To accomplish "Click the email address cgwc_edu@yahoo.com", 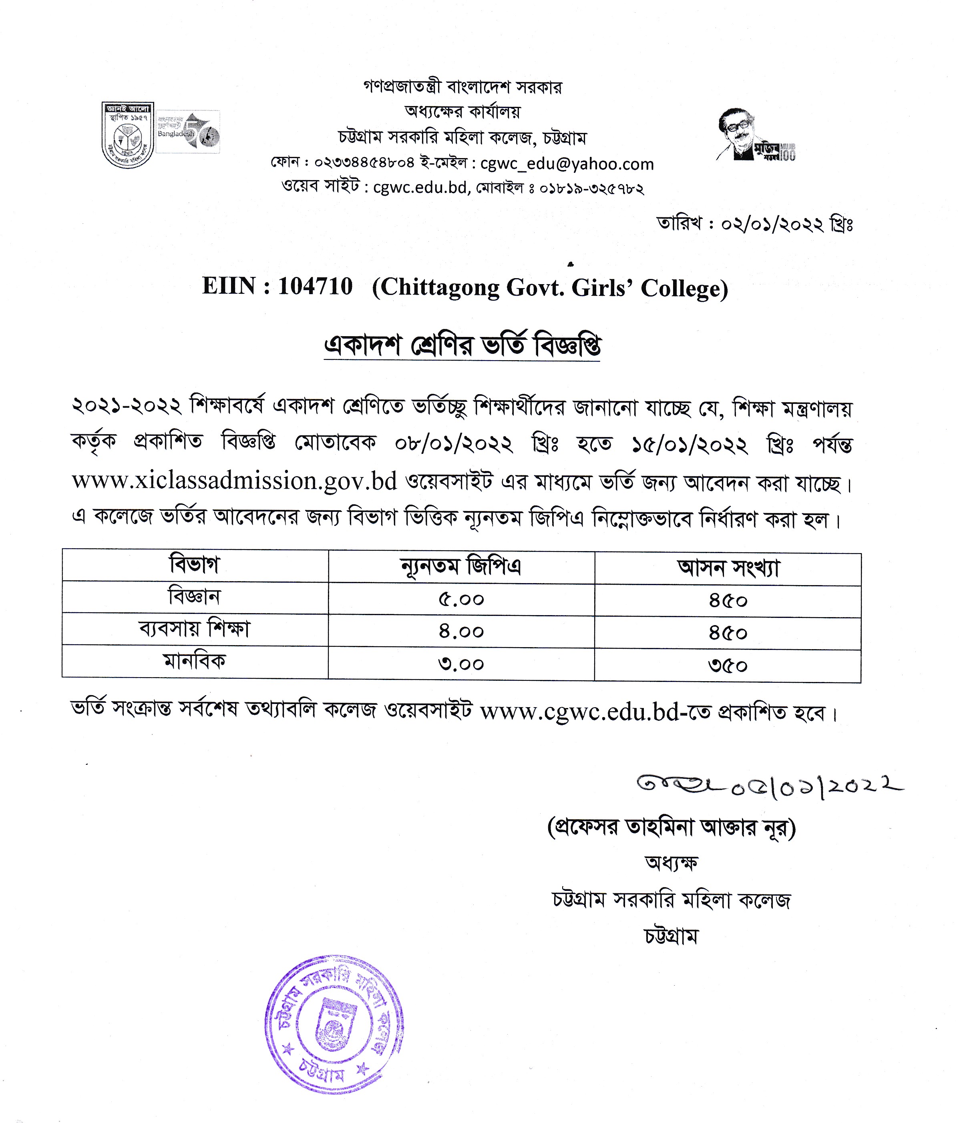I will click(567, 164).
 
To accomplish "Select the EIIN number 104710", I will click(315, 286).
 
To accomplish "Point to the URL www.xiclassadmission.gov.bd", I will click(234, 481).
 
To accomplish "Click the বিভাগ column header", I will click(195, 565).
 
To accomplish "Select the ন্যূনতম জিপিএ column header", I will click(461, 567).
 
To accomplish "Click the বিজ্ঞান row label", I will click(195, 597).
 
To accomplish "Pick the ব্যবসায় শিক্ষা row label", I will click(195, 629).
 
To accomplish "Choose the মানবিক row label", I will click(195, 661).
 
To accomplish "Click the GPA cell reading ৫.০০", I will click(461, 600).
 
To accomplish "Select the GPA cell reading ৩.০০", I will click(461, 664).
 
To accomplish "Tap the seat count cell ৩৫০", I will click(728, 666).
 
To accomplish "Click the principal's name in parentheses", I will click(671, 828).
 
